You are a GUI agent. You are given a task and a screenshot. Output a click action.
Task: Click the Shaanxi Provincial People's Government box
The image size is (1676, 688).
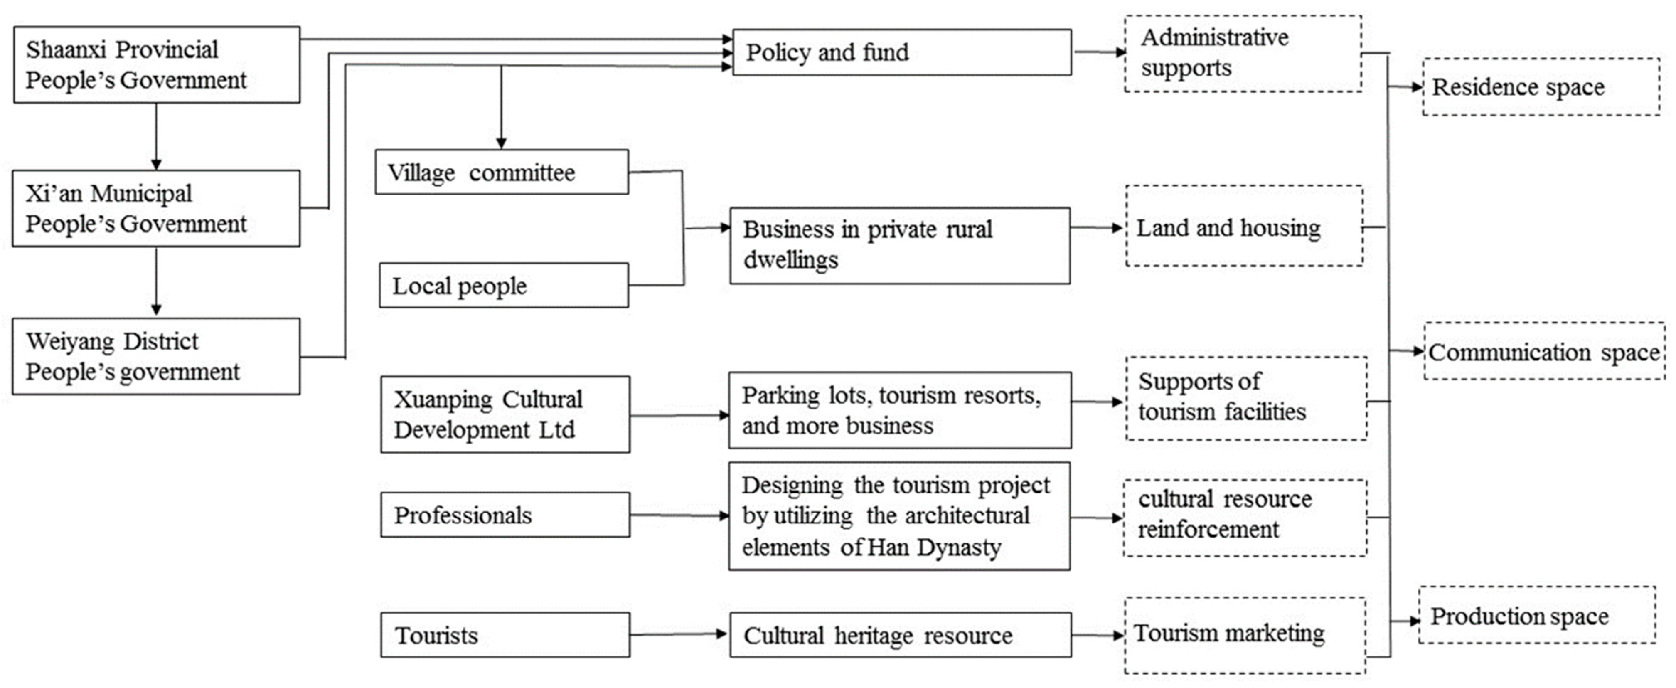point(156,64)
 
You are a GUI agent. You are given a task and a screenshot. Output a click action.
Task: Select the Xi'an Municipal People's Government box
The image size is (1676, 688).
point(156,208)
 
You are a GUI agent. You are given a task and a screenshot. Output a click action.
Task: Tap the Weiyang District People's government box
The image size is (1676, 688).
point(156,356)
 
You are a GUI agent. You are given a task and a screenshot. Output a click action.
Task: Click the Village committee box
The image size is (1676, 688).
point(502,172)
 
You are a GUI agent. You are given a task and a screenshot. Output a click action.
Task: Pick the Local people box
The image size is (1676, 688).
point(504,285)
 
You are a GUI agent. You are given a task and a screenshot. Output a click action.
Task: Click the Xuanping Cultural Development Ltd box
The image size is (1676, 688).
point(505,414)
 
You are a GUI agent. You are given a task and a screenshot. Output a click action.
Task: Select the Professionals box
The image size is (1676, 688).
point(505,515)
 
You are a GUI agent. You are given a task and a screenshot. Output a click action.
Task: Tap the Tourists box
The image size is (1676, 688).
point(505,635)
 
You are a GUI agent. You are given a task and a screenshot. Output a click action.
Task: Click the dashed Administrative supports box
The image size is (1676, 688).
point(1243,53)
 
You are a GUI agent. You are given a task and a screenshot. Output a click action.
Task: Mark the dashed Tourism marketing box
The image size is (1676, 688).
point(1244,635)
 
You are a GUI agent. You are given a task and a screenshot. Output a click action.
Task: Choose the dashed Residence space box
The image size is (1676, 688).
point(1541,86)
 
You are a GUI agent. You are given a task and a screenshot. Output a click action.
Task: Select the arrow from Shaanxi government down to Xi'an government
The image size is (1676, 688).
point(156,137)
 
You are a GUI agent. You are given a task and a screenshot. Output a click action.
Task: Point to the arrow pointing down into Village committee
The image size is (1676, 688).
point(501,107)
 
